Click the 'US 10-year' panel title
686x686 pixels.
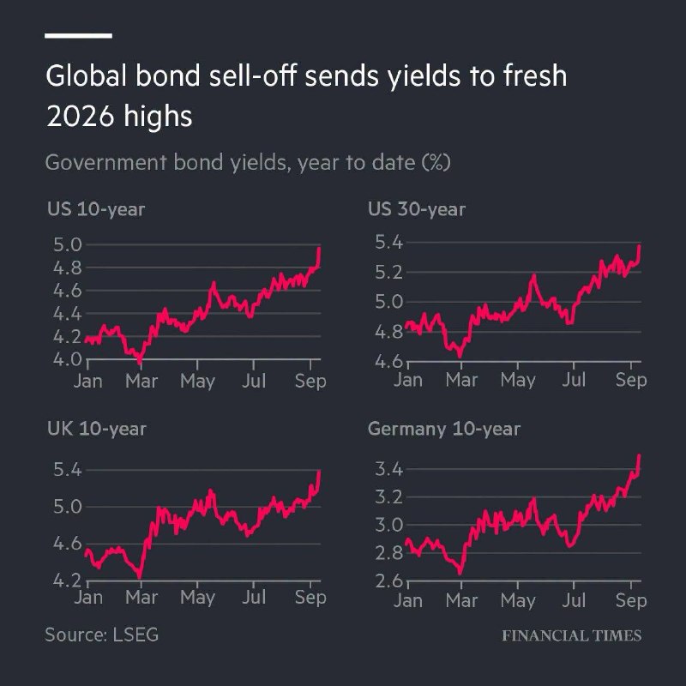[x=96, y=209]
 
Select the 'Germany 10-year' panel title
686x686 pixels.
[x=444, y=430]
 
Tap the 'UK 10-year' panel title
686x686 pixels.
[x=97, y=430]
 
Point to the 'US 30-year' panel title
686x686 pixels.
[x=417, y=209]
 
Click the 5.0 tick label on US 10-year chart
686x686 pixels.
[x=68, y=245]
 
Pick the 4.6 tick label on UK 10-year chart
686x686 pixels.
[x=68, y=544]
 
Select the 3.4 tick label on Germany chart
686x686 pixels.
[x=388, y=469]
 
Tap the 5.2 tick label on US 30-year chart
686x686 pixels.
[x=388, y=272]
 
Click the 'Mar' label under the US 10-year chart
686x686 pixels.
[x=141, y=381]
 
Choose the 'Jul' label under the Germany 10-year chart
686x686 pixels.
[x=574, y=600]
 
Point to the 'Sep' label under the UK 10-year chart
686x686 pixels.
[x=310, y=598]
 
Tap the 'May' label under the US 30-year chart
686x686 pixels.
[x=518, y=380]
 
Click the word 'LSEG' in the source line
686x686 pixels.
[x=135, y=635]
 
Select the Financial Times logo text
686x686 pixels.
[x=571, y=635]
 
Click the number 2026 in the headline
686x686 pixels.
[x=80, y=117]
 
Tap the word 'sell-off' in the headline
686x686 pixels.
[x=253, y=75]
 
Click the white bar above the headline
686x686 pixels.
[x=78, y=36]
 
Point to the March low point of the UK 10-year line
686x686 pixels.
[x=140, y=577]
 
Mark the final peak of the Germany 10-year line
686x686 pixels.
[x=639, y=455]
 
